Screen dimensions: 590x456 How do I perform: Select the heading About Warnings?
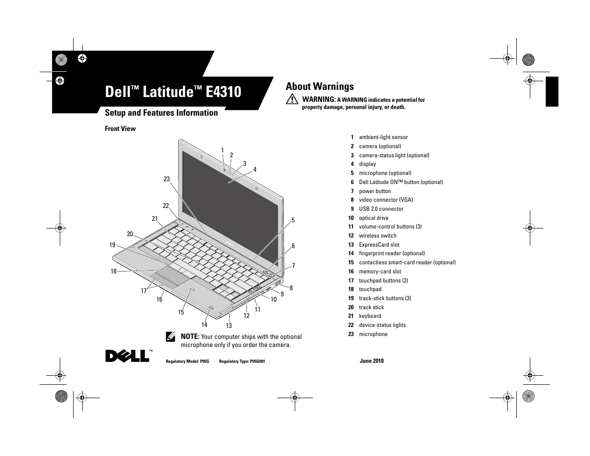click(320, 87)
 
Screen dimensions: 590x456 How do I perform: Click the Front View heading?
click(120, 129)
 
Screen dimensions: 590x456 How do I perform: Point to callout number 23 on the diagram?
click(167, 179)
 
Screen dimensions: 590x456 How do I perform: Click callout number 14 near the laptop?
click(204, 325)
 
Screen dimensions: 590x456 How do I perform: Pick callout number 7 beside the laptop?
click(293, 266)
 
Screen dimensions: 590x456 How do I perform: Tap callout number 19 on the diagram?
click(112, 245)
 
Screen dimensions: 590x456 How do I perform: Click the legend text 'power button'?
click(375, 191)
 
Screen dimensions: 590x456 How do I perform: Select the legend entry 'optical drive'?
click(374, 218)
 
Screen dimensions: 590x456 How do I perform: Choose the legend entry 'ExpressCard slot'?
click(379, 245)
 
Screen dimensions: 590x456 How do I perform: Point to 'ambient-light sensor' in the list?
click(383, 137)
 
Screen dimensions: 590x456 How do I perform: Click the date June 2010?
click(371, 361)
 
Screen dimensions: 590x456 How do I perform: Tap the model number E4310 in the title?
click(224, 91)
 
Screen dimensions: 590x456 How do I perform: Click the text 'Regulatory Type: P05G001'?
click(242, 361)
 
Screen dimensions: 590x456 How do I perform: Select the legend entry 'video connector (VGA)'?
click(386, 200)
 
